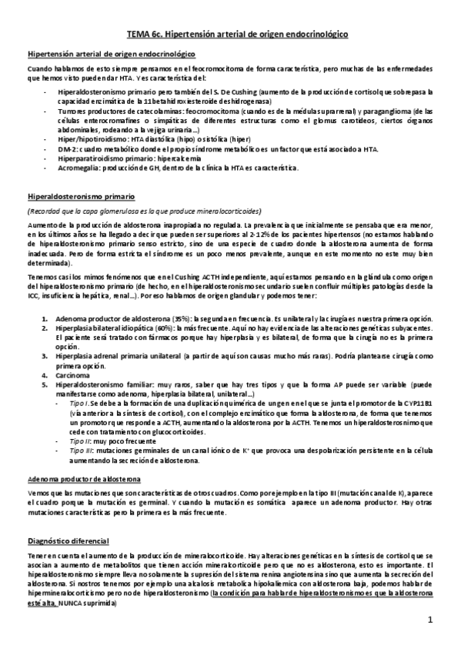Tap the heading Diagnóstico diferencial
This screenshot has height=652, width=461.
click(68, 541)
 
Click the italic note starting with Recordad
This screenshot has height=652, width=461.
click(143, 211)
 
